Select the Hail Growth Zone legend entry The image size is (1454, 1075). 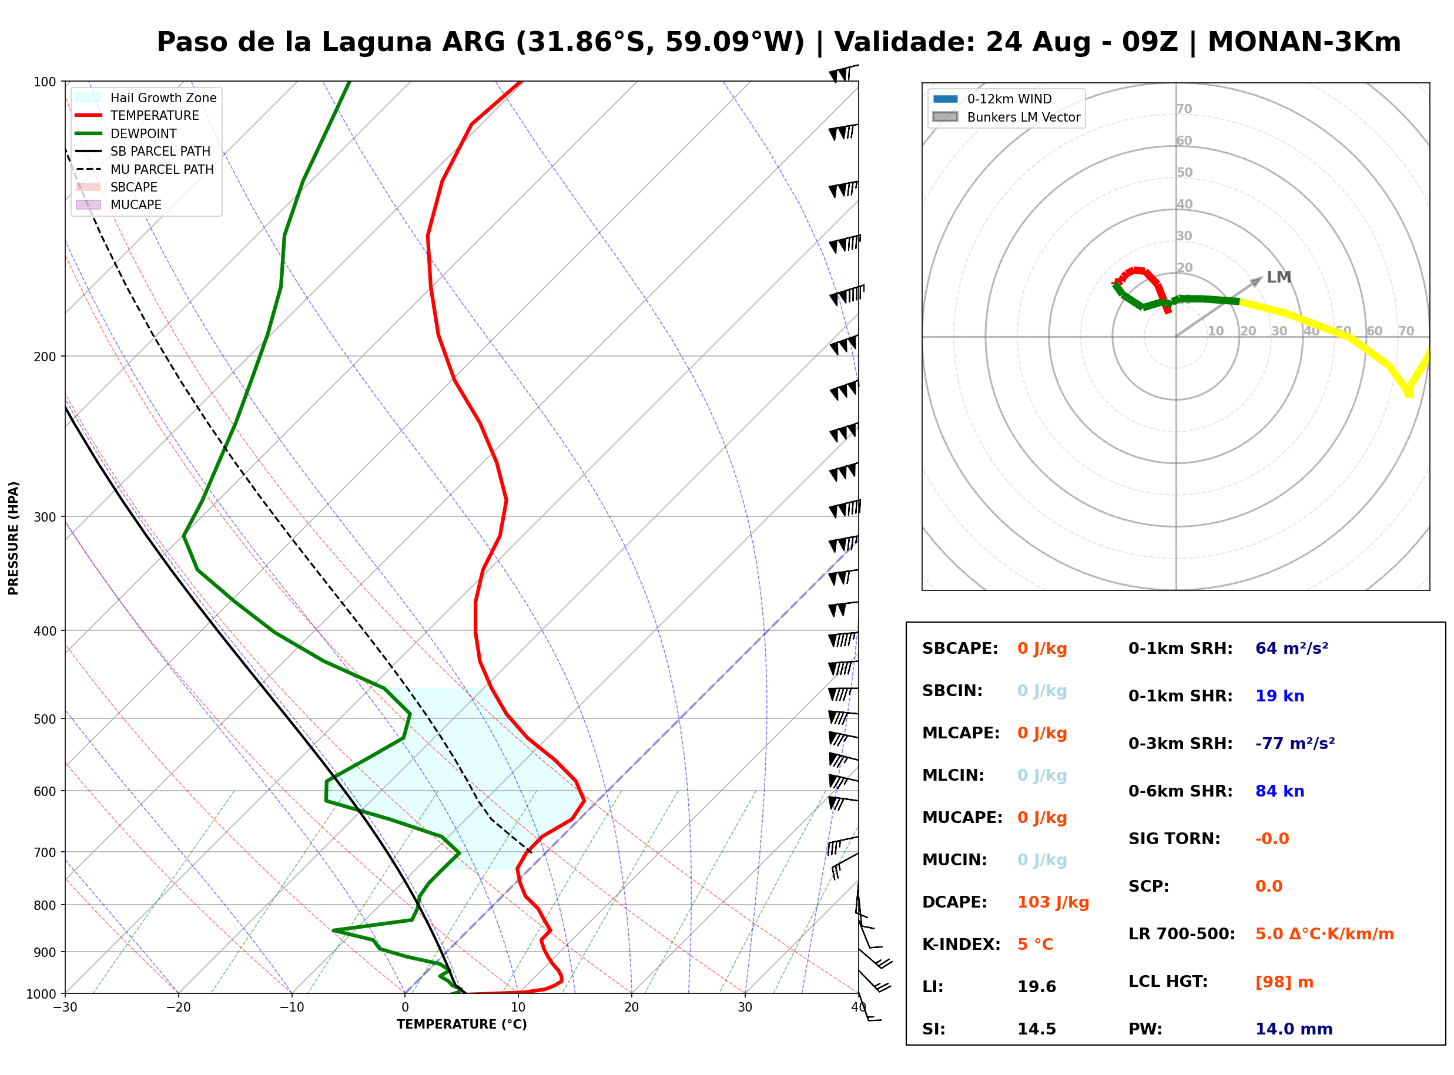pos(146,98)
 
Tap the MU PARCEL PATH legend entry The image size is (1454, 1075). pos(145,169)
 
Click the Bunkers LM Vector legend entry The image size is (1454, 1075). pos(1007,117)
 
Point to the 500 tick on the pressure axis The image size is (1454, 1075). pos(44,719)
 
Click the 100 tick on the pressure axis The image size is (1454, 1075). pos(44,82)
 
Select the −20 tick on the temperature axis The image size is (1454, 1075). pos(178,1007)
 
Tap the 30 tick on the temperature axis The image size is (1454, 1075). pos(745,1007)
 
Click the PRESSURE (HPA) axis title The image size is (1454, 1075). pos(14,538)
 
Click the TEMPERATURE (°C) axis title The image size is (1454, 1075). pos(462,1024)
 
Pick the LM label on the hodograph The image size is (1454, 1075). pos(1279,277)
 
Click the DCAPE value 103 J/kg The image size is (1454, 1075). pos(1054,902)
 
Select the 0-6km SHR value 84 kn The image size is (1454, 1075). pos(1280,791)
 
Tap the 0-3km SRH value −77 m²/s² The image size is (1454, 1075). pos(1295,744)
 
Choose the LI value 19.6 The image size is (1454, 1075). pos(1037,987)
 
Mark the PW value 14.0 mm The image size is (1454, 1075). pos(1294,1029)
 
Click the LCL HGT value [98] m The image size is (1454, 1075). pos(1285,983)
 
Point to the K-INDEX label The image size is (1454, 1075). pos(961,945)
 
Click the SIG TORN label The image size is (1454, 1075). pos(1175,839)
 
